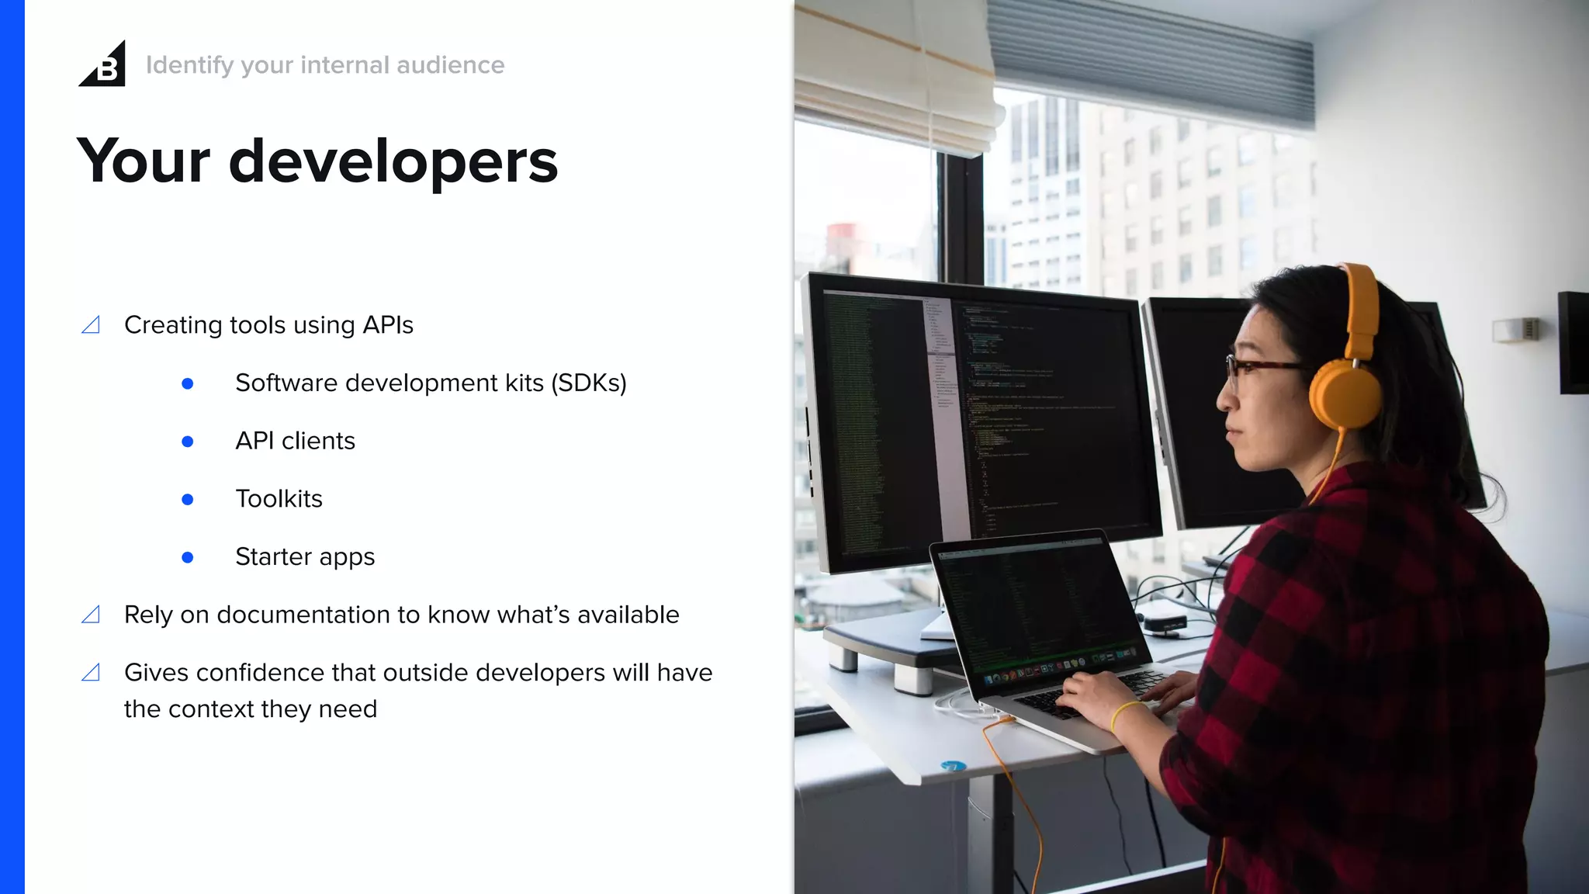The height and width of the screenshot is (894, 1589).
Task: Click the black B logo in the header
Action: coord(103,65)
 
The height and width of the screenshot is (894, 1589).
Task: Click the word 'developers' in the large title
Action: coord(393,161)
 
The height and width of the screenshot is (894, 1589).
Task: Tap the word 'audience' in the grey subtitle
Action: coord(450,65)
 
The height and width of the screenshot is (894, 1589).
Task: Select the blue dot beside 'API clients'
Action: coord(187,442)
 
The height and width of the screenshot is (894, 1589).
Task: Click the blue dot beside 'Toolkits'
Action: coord(187,500)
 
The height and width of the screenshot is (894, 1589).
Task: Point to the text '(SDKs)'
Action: coord(589,383)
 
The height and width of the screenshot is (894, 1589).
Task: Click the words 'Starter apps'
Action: coord(305,557)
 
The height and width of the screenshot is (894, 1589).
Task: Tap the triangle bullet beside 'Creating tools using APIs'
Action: coord(91,325)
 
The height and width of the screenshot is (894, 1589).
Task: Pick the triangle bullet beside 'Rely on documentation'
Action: coord(91,615)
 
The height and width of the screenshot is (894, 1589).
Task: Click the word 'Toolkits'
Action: coord(279,499)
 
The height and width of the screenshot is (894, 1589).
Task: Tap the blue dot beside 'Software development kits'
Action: coord(187,383)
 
